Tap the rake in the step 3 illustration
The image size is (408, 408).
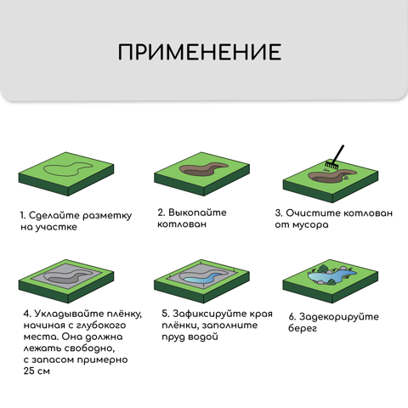[335, 157]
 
